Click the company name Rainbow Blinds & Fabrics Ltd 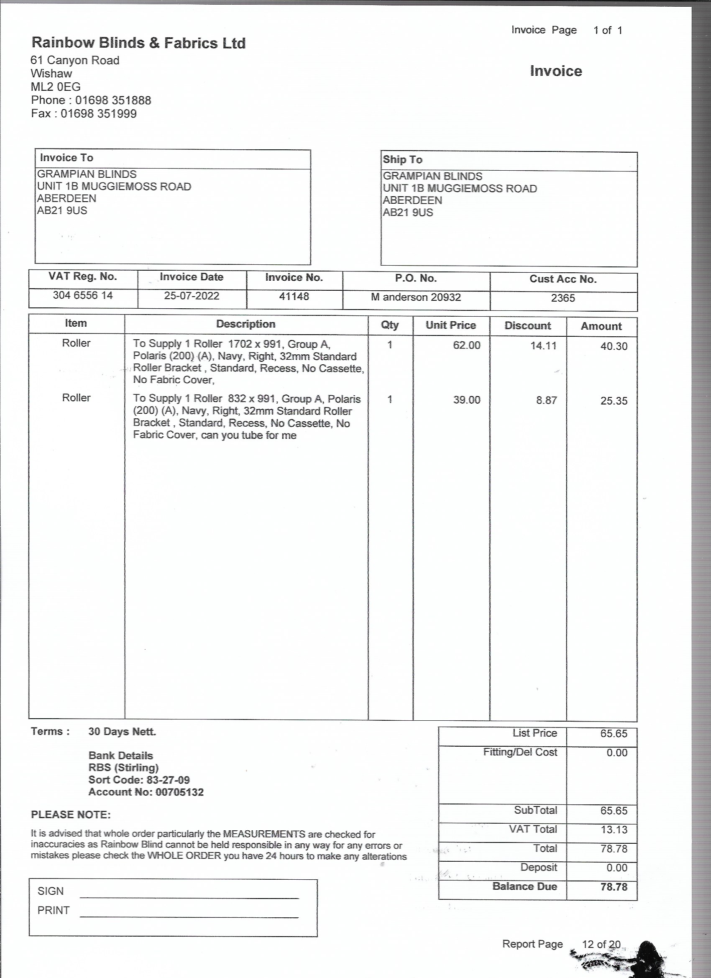click(138, 43)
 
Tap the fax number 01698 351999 click(98, 114)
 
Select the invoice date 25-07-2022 click(192, 296)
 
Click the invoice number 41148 click(294, 296)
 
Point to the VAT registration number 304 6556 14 click(83, 295)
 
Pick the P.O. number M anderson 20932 click(416, 297)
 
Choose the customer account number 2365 click(563, 298)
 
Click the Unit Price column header click(450, 325)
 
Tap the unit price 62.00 click(466, 345)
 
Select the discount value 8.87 click(546, 400)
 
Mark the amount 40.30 click(614, 346)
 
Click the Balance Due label click(524, 886)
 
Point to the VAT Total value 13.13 click(614, 829)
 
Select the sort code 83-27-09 click(168, 780)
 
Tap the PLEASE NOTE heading click(71, 814)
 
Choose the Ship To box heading click(402, 159)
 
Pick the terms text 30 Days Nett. click(122, 731)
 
